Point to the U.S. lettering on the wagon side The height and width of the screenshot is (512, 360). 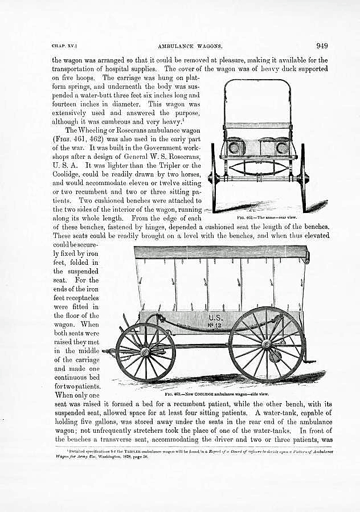[x=216, y=317]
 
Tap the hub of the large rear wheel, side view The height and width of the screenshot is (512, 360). [x=266, y=344]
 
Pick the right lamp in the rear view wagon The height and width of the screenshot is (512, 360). [x=281, y=148]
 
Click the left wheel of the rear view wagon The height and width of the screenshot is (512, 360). [x=214, y=178]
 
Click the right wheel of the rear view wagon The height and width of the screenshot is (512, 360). [x=302, y=178]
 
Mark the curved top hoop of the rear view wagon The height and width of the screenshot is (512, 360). [x=257, y=81]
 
